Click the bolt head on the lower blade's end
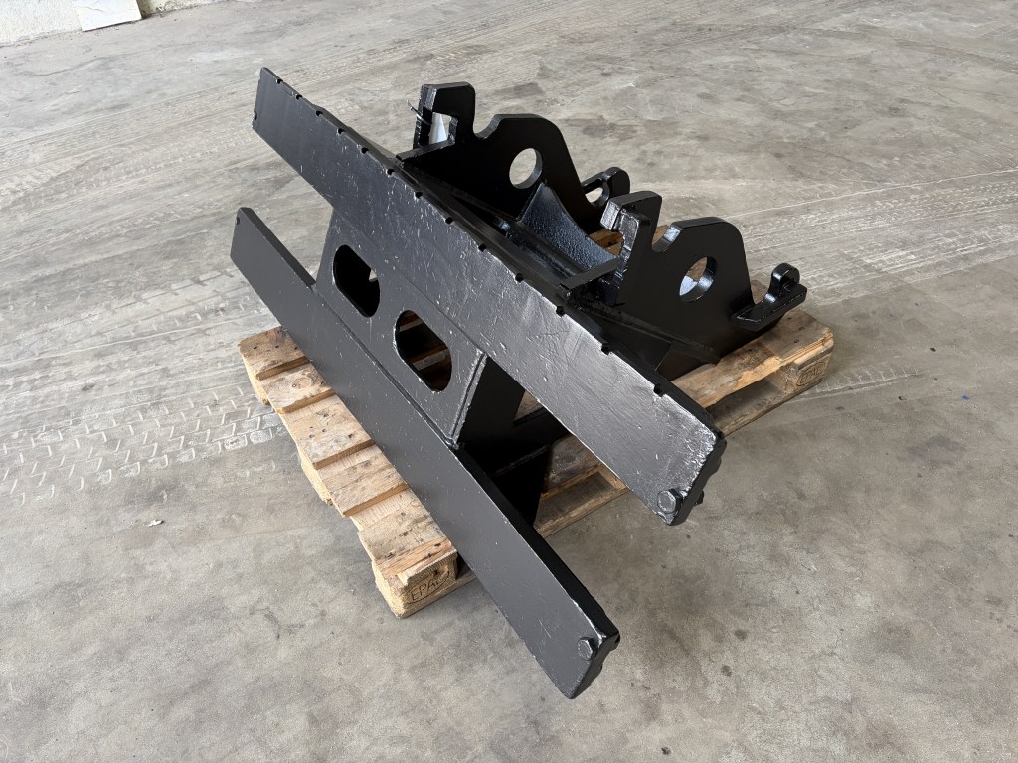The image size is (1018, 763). (x=588, y=648)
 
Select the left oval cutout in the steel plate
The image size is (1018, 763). (x=355, y=280)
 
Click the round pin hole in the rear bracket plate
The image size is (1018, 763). (x=525, y=168)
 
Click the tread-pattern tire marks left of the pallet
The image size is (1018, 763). (x=129, y=437)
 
